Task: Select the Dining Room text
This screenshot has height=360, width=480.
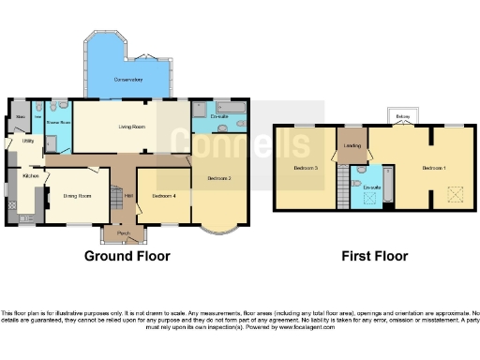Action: point(77,196)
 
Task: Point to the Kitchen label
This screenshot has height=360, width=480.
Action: point(30,175)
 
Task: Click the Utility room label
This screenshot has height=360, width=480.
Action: point(28,141)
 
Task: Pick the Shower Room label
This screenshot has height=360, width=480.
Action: point(59,122)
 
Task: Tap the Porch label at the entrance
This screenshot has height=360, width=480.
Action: point(123,232)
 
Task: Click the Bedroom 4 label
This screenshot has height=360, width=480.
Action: point(164,195)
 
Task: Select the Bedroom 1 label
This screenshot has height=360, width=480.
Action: point(433,168)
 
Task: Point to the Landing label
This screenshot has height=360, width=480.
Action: point(353,146)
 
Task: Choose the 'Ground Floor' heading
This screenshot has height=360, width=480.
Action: point(123,256)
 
